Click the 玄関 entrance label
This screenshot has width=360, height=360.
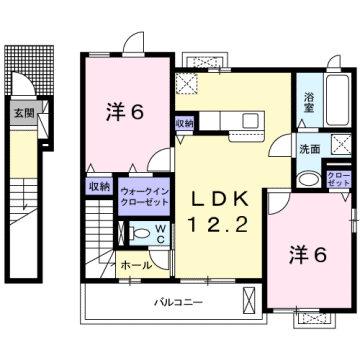coord(21,114)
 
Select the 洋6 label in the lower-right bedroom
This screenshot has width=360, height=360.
coord(310,255)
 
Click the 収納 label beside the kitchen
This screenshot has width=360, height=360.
coord(185,123)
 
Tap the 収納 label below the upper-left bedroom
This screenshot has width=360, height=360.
coord(97,186)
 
